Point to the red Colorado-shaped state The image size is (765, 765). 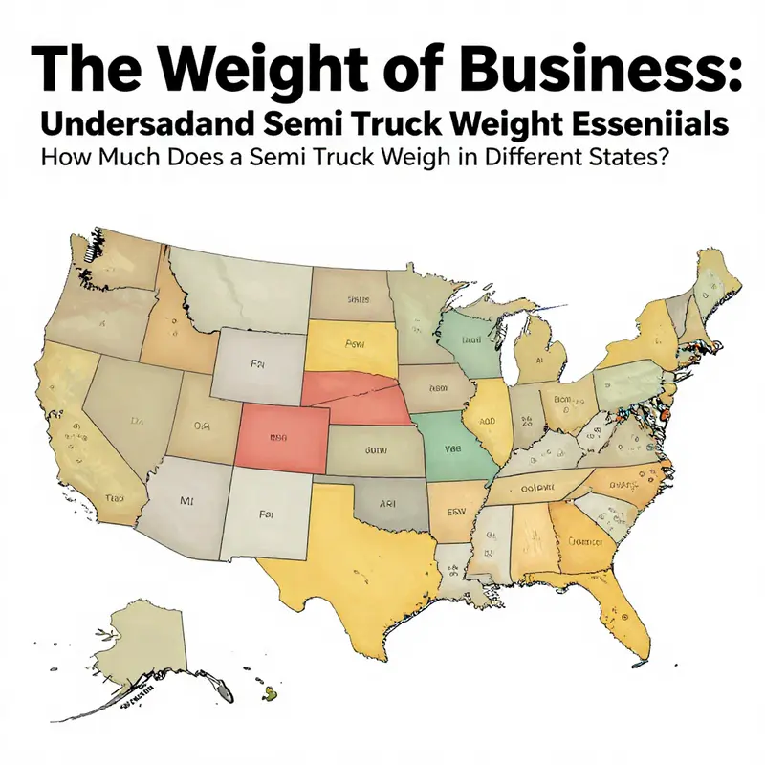[x=278, y=435]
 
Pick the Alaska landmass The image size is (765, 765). [x=148, y=636]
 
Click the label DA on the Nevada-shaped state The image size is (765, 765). [x=137, y=418]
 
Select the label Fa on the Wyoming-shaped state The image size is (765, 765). [x=256, y=364]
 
